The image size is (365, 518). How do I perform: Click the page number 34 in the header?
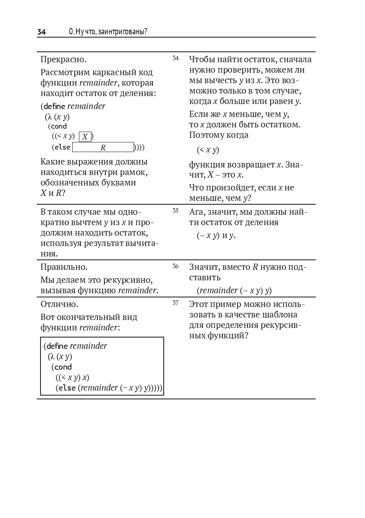pos(41,32)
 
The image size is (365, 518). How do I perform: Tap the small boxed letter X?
pos(85,137)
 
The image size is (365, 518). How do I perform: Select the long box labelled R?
pos(103,147)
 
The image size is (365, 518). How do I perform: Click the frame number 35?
pos(175,211)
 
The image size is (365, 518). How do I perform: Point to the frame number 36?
pos(175,266)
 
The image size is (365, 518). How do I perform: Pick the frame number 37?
pos(175,303)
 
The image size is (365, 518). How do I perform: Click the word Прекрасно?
pos(63,59)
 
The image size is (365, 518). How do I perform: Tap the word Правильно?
pos(64,267)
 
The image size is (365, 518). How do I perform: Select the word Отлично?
pos(59,304)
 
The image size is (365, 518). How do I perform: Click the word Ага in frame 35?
pos(197,212)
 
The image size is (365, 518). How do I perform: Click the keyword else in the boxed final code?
pos(67,388)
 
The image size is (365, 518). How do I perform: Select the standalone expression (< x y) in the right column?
pos(208,150)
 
